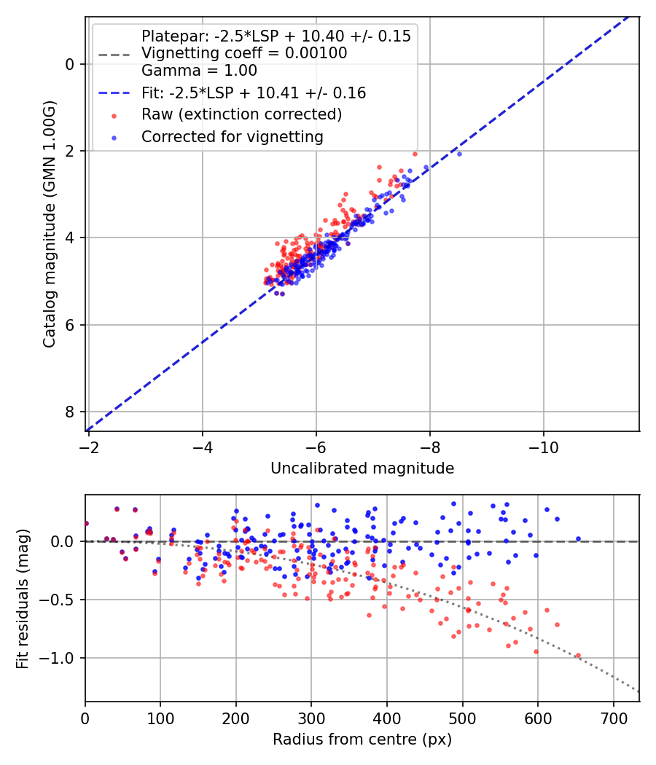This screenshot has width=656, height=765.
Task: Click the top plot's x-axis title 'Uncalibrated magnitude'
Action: (x=362, y=468)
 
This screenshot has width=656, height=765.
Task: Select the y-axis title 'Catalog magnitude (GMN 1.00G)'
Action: (x=49, y=223)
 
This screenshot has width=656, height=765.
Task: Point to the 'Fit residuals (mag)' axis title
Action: (x=23, y=599)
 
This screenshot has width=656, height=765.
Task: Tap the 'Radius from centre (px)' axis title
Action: (x=362, y=739)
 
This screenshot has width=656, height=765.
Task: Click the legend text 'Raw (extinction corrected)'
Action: (x=241, y=114)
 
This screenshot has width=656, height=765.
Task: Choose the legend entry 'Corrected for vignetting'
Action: (x=232, y=136)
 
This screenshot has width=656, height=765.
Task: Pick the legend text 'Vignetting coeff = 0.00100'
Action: (x=244, y=53)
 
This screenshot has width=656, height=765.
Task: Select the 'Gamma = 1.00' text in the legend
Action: (x=199, y=71)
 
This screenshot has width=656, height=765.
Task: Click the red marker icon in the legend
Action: (x=113, y=115)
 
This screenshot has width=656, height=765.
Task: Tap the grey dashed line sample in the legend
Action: (x=113, y=54)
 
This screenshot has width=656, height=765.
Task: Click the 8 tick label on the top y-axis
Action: (x=70, y=412)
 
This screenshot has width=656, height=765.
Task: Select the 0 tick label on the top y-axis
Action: (x=70, y=64)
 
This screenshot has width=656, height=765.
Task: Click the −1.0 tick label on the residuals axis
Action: (x=61, y=658)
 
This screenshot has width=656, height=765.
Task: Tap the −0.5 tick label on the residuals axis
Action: (x=61, y=600)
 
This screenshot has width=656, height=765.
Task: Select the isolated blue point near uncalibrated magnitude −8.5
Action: (x=459, y=154)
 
